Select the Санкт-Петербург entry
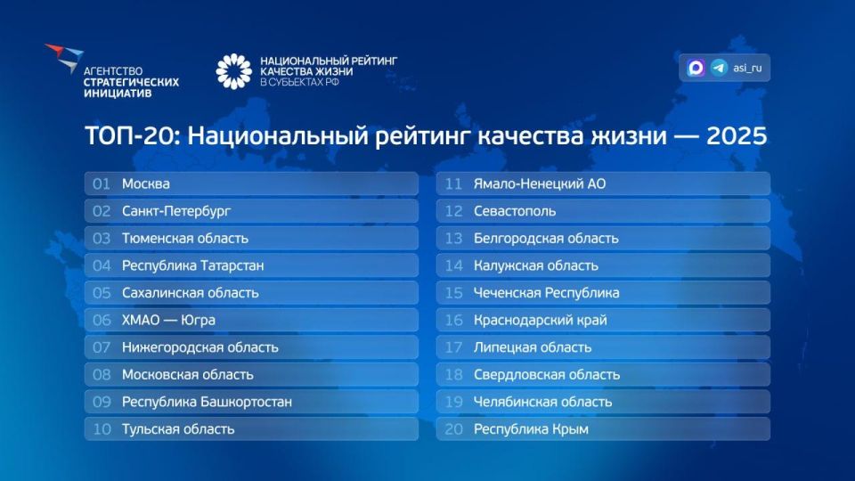(x=176, y=211)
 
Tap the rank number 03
(x=102, y=238)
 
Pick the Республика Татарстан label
(x=192, y=265)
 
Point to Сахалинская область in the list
(x=190, y=292)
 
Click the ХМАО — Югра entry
(x=168, y=320)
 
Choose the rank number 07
(x=102, y=347)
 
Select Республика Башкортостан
(x=207, y=402)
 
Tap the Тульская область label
(x=178, y=428)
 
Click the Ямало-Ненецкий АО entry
(x=540, y=183)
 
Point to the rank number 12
(x=454, y=211)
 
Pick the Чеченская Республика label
(x=546, y=292)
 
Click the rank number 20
(x=454, y=428)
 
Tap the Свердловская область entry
(x=546, y=374)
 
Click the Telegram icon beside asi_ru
(x=719, y=68)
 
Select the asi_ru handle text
(x=747, y=68)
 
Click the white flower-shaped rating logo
(x=234, y=71)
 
